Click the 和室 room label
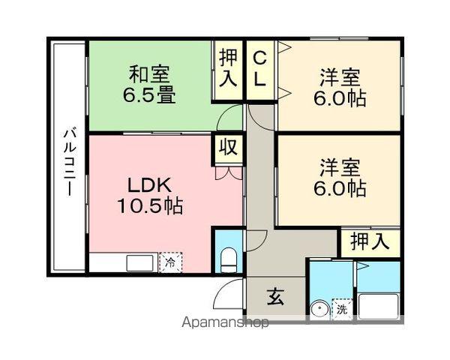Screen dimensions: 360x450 click(149, 75)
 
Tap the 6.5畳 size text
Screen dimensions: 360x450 click(149, 95)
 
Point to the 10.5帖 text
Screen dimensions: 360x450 click(150, 205)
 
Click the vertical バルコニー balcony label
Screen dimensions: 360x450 click(68, 160)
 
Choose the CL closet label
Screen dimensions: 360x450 click(259, 69)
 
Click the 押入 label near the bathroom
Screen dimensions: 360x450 click(370, 242)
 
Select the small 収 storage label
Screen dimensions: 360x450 click(228, 147)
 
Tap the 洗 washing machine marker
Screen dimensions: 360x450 click(342, 307)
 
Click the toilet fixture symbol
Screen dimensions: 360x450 click(229, 260)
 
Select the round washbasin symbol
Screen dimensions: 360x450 click(319, 308)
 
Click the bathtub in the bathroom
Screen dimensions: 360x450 click(379, 305)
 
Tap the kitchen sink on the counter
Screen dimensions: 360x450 click(139, 263)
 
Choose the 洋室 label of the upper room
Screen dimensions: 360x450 click(340, 77)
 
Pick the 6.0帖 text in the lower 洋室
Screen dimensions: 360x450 click(340, 188)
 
